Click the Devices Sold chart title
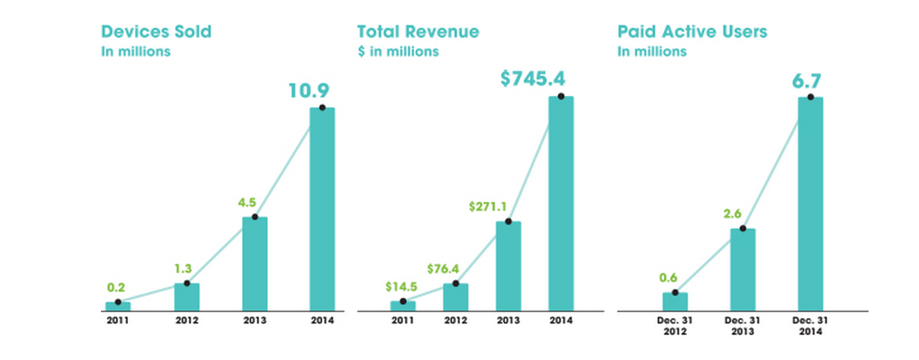point(156,32)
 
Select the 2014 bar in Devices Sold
point(322,210)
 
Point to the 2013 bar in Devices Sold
point(255,264)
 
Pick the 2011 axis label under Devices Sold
point(117,320)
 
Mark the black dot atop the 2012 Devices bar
point(188,283)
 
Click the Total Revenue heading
point(418,32)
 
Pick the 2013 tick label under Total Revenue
point(507,320)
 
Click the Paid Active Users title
point(692,32)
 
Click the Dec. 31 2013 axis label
point(742,326)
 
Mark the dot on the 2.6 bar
point(742,228)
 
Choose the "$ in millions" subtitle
point(397,52)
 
